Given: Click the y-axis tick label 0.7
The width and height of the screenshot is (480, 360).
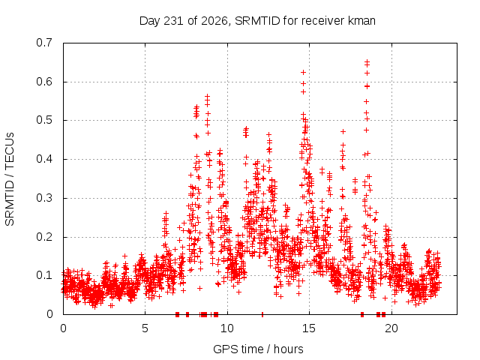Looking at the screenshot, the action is pyautogui.click(x=44, y=43).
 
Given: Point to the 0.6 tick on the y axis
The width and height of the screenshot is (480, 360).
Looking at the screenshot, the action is pyautogui.click(x=44, y=82).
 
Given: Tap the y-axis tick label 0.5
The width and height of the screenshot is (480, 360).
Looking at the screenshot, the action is pyautogui.click(x=44, y=120).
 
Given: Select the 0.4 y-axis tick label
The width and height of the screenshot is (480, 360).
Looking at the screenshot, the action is pyautogui.click(x=44, y=159).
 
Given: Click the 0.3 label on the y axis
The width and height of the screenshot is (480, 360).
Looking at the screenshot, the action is pyautogui.click(x=44, y=198).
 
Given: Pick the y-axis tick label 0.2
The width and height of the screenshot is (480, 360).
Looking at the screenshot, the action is pyautogui.click(x=44, y=237).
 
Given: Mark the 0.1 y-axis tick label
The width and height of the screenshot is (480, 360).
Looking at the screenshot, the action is pyautogui.click(x=44, y=275).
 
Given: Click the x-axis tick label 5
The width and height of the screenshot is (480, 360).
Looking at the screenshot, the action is pyautogui.click(x=145, y=328).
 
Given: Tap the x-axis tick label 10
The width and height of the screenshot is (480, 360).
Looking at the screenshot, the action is pyautogui.click(x=227, y=328).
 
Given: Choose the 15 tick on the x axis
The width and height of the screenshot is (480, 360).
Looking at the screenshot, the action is pyautogui.click(x=309, y=328).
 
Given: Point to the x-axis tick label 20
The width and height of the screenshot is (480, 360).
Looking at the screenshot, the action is pyautogui.click(x=391, y=328).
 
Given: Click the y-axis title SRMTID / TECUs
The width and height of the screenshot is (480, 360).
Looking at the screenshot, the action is pyautogui.click(x=10, y=179).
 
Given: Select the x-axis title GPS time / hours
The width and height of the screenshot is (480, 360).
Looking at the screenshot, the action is pyautogui.click(x=258, y=349).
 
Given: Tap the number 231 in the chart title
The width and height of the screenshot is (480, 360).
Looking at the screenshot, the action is pyautogui.click(x=174, y=21).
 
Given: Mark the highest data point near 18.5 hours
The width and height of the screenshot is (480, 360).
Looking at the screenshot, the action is pyautogui.click(x=367, y=61).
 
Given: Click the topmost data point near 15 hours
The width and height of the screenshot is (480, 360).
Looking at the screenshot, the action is pyautogui.click(x=303, y=72).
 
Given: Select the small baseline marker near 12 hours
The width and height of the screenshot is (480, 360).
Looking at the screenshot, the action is pyautogui.click(x=262, y=314).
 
